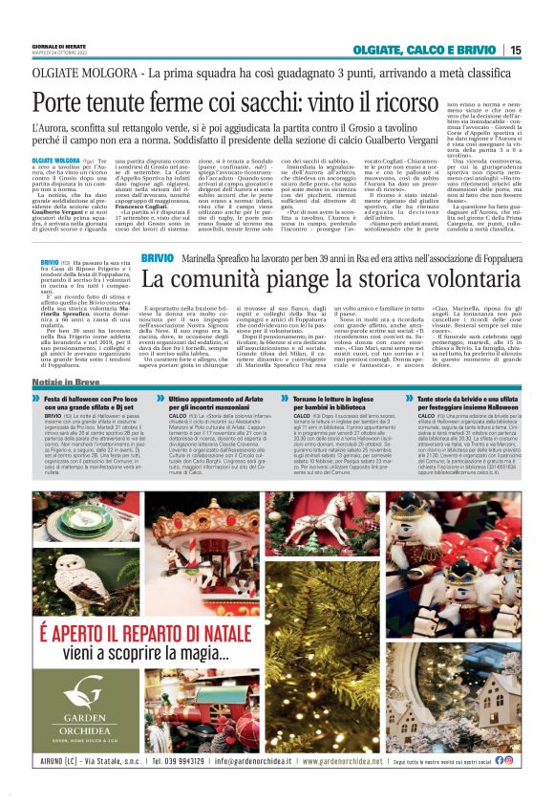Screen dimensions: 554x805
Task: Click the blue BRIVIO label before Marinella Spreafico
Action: click(157, 258)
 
